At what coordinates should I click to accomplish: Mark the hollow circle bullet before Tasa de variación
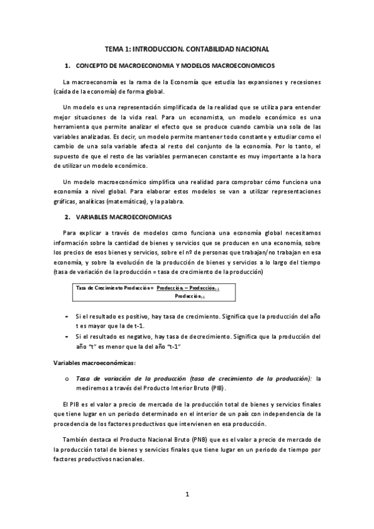(67, 379)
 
